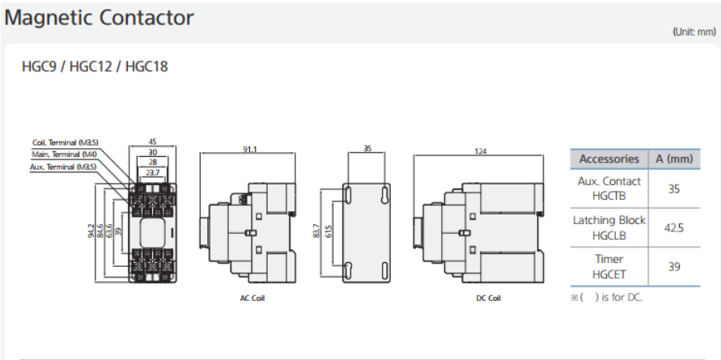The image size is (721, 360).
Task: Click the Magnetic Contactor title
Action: (x=100, y=18)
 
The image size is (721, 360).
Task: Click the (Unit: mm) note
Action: (x=693, y=32)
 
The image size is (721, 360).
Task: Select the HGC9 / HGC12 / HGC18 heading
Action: (x=95, y=66)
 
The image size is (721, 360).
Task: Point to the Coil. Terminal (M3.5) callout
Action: (x=66, y=142)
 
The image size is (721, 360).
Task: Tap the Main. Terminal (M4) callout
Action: (x=66, y=154)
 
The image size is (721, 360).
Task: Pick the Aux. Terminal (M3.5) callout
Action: (x=65, y=167)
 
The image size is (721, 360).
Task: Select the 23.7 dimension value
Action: (x=153, y=172)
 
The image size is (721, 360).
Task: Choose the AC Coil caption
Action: (x=252, y=299)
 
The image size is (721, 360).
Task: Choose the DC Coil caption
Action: (x=488, y=299)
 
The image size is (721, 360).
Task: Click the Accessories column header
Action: (x=609, y=159)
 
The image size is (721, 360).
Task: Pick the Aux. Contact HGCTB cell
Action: (x=609, y=188)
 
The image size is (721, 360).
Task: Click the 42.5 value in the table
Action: (x=673, y=228)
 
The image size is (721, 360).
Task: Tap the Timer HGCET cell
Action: (x=609, y=267)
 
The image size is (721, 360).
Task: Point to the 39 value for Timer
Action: (x=673, y=267)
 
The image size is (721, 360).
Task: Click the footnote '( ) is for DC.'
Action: (x=606, y=297)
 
